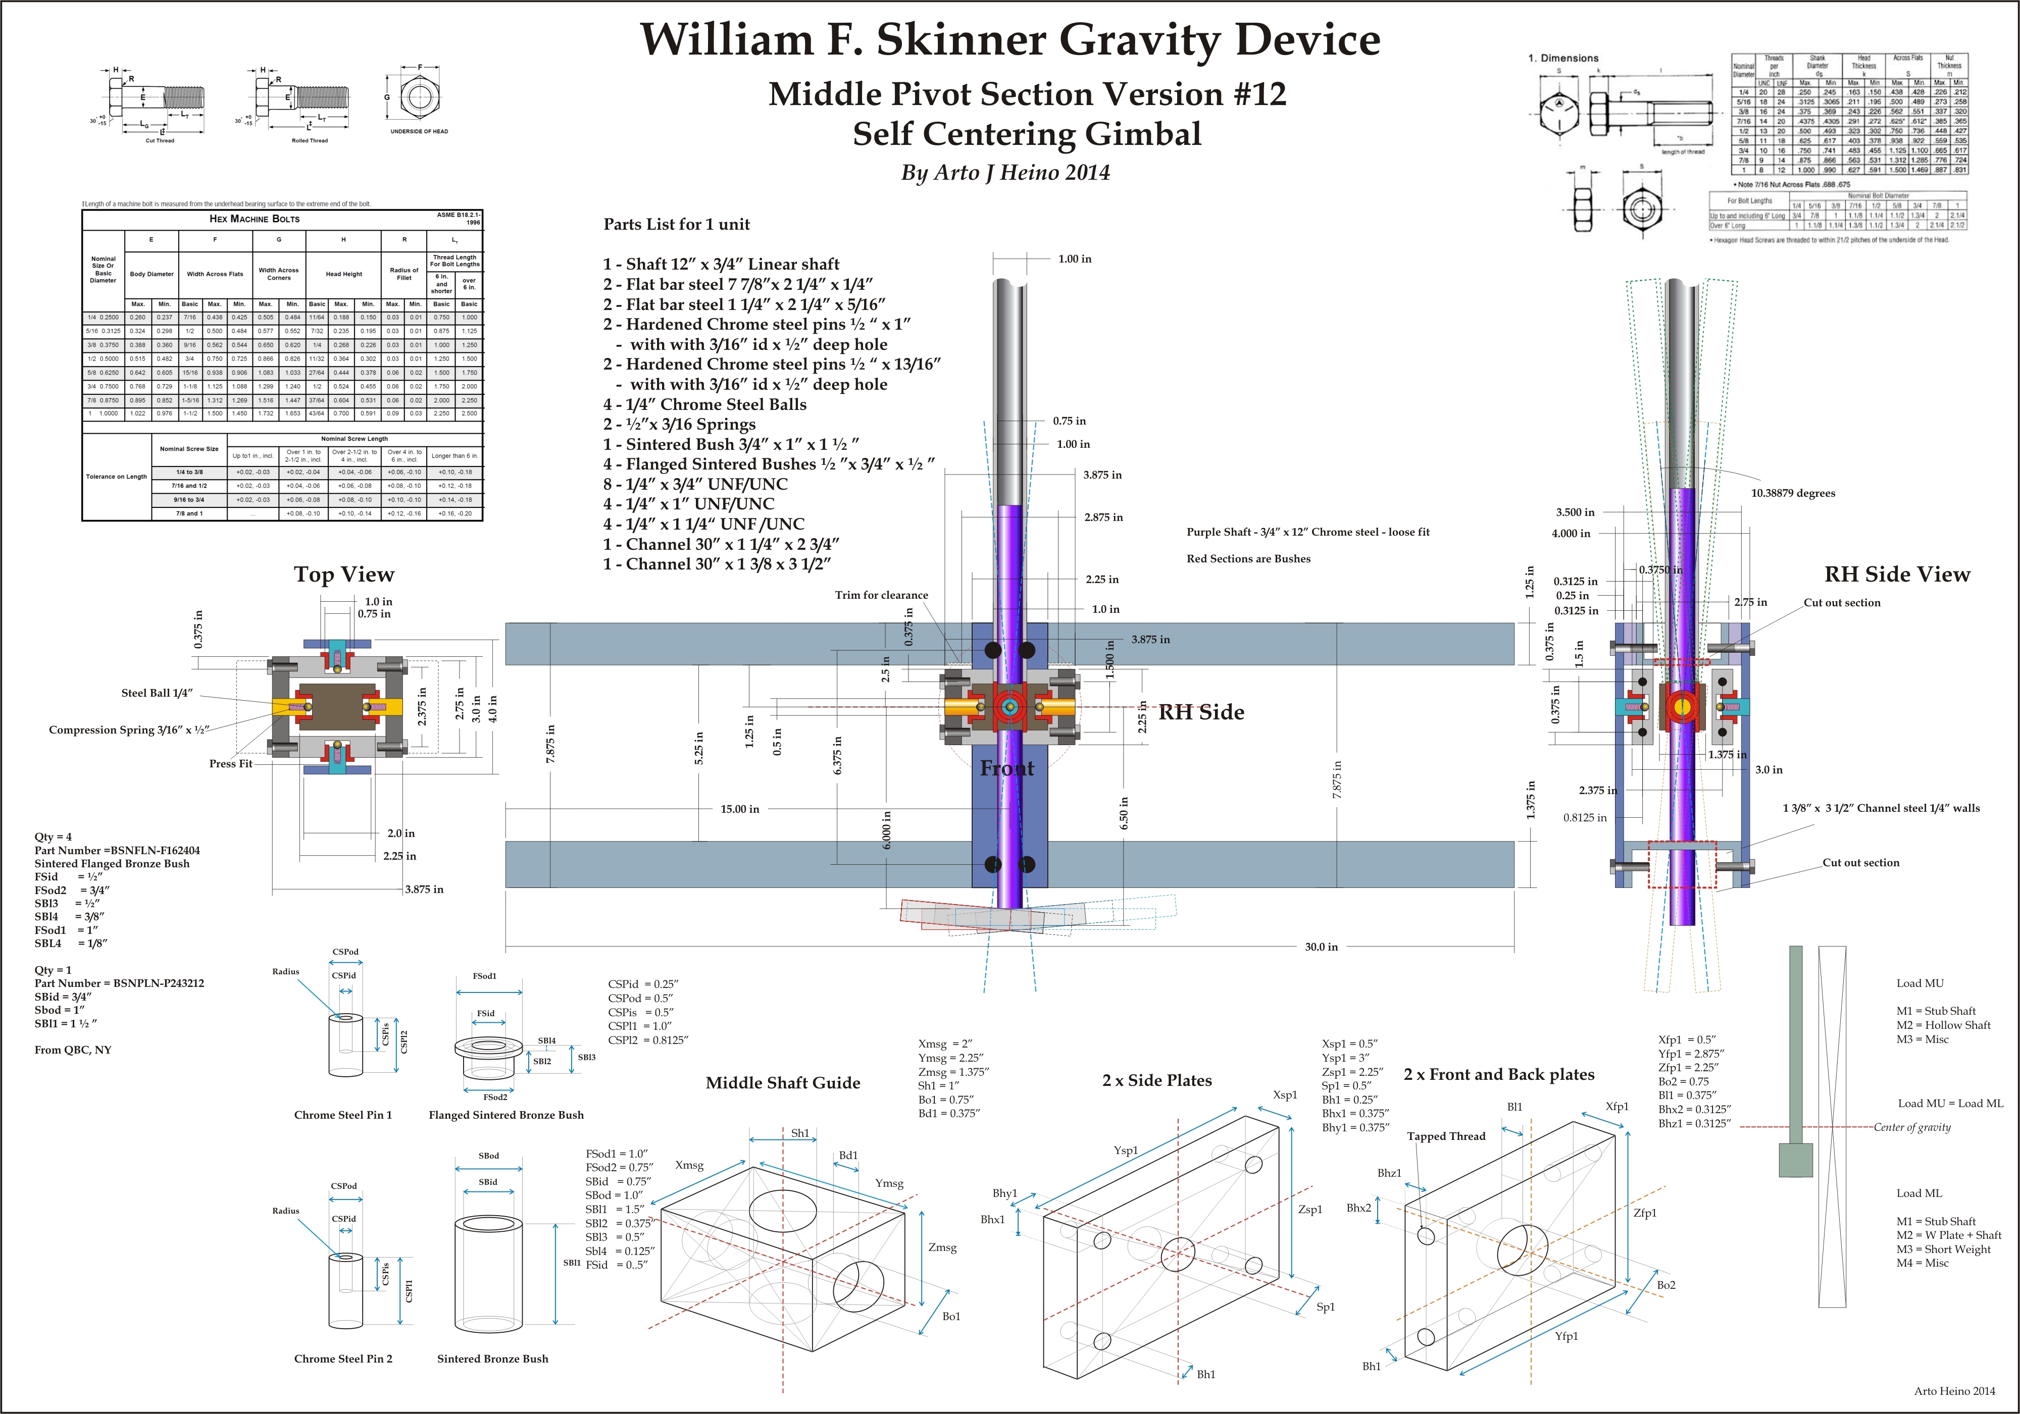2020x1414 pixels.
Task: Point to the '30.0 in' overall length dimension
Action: (x=1321, y=947)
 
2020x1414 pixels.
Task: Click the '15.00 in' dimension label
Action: (x=739, y=809)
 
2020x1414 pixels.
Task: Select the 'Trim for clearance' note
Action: (x=881, y=595)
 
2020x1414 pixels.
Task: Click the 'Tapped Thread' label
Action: (x=1445, y=1136)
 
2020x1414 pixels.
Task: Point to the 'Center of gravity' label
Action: (x=1912, y=1127)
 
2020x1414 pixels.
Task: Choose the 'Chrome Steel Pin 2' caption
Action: (x=343, y=1358)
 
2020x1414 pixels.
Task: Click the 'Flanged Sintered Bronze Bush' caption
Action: (x=506, y=1115)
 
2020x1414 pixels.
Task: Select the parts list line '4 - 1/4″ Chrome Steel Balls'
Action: (x=704, y=404)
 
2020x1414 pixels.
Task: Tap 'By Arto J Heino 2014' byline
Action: (x=1005, y=172)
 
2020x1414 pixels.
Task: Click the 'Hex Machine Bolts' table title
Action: (x=254, y=219)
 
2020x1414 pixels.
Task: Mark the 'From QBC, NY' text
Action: (x=73, y=1050)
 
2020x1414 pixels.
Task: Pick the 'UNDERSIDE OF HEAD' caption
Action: (x=419, y=132)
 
